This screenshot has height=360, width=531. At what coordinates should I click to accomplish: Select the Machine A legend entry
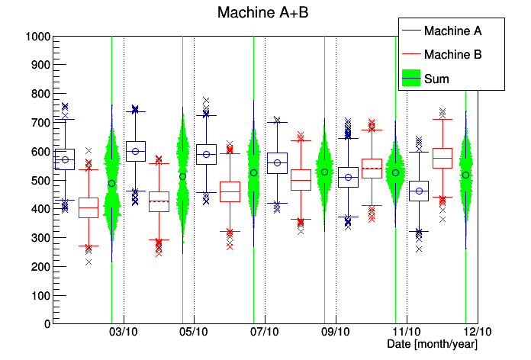(x=452, y=31)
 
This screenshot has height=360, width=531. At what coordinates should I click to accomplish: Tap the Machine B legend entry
(x=452, y=54)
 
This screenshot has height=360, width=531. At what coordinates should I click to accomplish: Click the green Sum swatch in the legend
(x=412, y=78)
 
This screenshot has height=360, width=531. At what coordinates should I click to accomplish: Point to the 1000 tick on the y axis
(x=38, y=37)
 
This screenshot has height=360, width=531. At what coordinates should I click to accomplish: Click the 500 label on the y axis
(x=38, y=180)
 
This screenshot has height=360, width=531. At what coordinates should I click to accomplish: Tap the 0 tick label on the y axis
(x=47, y=323)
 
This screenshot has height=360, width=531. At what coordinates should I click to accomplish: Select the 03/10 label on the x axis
(x=124, y=333)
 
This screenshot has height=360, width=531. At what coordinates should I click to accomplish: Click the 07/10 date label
(x=265, y=333)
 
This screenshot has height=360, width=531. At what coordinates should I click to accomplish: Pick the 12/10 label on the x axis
(x=477, y=333)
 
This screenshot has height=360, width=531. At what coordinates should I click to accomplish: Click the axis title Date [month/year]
(x=432, y=345)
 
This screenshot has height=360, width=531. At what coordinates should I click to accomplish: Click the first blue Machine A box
(x=65, y=159)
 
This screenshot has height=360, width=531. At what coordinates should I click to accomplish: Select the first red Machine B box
(x=88, y=207)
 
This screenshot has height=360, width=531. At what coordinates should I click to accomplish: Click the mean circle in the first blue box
(x=65, y=160)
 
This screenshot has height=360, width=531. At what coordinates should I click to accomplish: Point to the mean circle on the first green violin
(x=111, y=183)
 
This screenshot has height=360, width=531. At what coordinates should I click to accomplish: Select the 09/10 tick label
(x=336, y=333)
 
